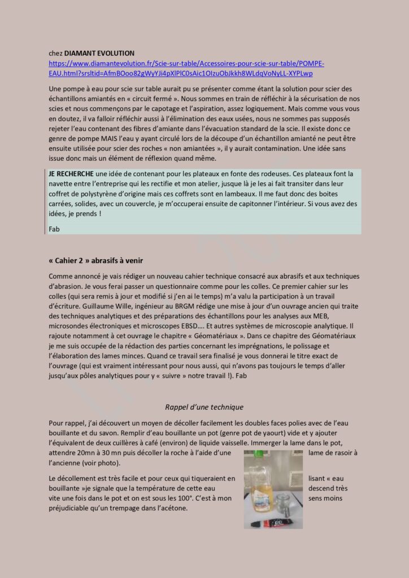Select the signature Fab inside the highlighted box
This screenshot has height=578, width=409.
point(54,229)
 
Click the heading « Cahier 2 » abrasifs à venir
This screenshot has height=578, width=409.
point(96,260)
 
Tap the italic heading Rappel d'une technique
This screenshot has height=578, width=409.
point(204,406)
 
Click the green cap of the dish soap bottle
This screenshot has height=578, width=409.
point(259,454)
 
